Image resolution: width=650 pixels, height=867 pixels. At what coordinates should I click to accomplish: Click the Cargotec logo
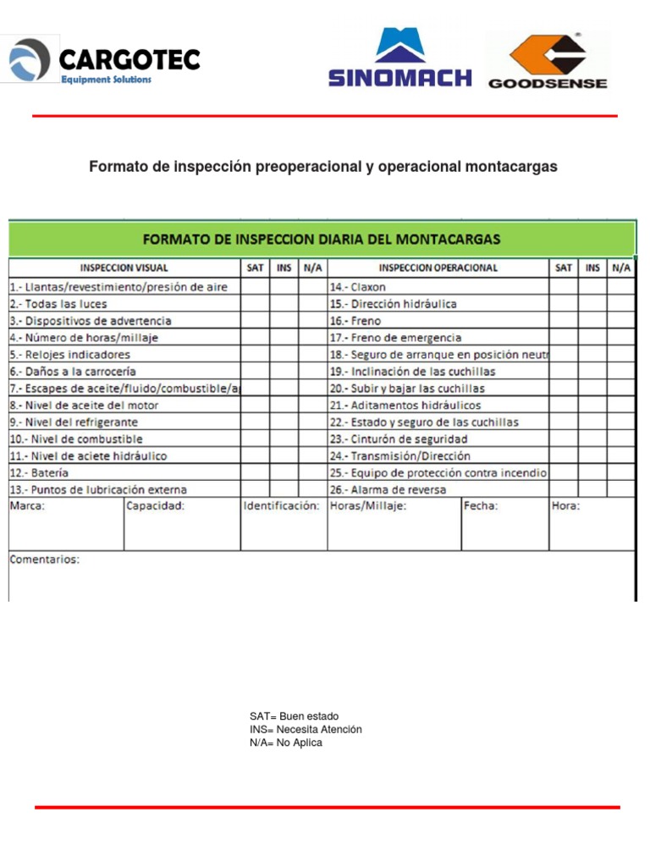(x=103, y=61)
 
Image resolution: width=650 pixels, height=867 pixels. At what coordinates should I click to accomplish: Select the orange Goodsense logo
(x=548, y=60)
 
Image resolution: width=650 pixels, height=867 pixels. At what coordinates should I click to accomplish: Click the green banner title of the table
(x=321, y=239)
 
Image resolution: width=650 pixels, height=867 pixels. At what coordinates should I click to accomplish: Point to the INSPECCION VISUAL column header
(x=124, y=268)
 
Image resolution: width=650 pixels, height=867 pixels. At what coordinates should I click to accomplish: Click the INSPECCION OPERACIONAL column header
(x=438, y=268)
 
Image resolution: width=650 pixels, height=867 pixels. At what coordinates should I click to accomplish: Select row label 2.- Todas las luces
(x=58, y=304)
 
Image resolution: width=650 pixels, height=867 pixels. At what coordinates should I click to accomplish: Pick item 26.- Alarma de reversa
(x=388, y=489)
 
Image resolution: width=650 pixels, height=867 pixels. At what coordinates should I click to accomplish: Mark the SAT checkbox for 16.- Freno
(x=563, y=321)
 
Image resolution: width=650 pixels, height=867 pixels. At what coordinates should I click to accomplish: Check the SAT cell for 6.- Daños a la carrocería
(x=255, y=372)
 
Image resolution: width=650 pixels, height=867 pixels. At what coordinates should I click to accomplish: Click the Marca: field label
(x=27, y=506)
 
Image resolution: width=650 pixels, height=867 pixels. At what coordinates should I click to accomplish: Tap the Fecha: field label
(x=481, y=506)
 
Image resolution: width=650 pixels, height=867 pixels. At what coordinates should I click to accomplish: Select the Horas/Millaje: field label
(x=368, y=506)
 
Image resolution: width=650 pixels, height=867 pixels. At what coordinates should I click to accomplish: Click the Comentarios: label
(x=44, y=560)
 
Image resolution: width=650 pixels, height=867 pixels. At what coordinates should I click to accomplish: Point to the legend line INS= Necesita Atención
(x=306, y=729)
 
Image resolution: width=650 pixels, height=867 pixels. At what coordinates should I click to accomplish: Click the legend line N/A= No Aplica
(x=286, y=743)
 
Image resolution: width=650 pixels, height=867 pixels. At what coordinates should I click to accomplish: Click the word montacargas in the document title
(x=511, y=167)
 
